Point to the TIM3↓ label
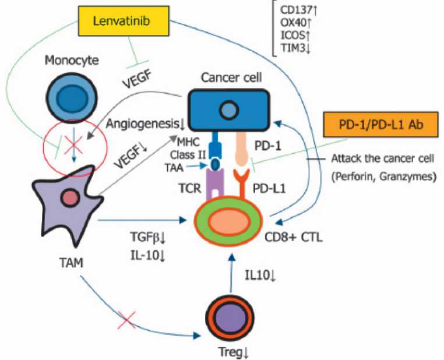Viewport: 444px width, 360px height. [295, 50]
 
